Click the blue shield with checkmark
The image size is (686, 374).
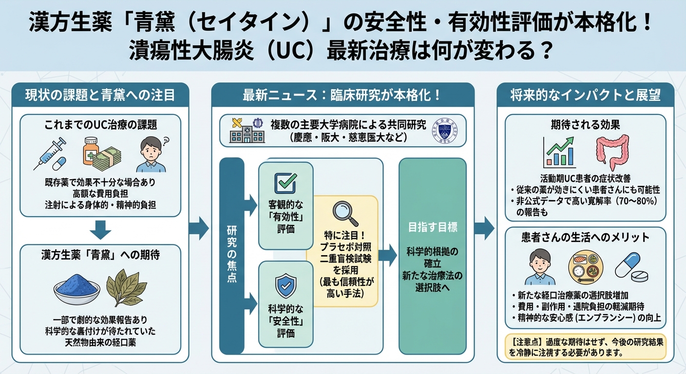[x=286, y=285]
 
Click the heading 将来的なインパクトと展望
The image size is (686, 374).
[x=585, y=95]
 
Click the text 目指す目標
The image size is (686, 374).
[x=432, y=227]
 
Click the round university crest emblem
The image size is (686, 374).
[x=445, y=130]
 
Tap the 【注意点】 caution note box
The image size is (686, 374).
[x=585, y=347]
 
